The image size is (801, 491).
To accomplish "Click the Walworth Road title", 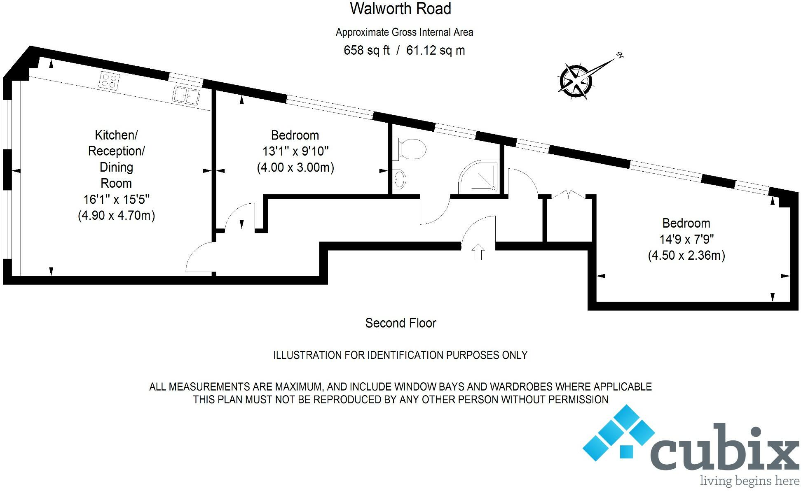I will (400, 9).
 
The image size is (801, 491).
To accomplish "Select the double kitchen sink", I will (186, 95).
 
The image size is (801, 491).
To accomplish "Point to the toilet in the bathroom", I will (410, 149).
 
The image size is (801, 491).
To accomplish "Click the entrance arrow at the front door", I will (478, 252).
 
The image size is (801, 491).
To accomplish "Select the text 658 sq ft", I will (367, 51).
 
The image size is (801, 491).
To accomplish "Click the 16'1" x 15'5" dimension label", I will (116, 200).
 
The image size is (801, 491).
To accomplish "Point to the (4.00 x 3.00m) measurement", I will (295, 168).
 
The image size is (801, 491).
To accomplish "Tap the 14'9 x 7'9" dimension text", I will (686, 239).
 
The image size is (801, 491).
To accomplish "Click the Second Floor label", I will (400, 323).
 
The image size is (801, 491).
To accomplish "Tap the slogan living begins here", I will (749, 480).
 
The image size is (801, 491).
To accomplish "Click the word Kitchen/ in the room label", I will (116, 135).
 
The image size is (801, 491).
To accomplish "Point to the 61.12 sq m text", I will (436, 51).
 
